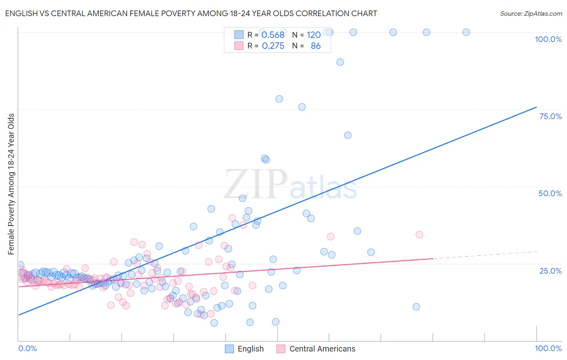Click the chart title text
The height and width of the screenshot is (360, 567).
pyautogui.click(x=191, y=13)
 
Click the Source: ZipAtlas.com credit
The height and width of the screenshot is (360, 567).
pyautogui.click(x=531, y=13)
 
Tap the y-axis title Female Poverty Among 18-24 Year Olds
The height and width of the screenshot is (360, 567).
pyautogui.click(x=11, y=184)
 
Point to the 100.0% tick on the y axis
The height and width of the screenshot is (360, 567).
pyautogui.click(x=548, y=39)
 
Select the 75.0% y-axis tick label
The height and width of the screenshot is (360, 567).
pyautogui.click(x=550, y=116)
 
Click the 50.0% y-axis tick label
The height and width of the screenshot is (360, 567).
pyautogui.click(x=550, y=193)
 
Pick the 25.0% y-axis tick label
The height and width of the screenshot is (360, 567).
pyautogui.click(x=550, y=270)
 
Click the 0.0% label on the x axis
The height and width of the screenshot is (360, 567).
pyautogui.click(x=27, y=348)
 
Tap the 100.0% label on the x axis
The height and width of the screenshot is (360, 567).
pyautogui.click(x=548, y=348)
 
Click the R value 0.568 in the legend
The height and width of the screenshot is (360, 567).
pyautogui.click(x=273, y=35)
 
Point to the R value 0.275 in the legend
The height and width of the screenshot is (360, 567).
pyautogui.click(x=273, y=46)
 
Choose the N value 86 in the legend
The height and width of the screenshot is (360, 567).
pyautogui.click(x=316, y=46)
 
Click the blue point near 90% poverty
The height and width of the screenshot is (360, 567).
pyautogui.click(x=340, y=62)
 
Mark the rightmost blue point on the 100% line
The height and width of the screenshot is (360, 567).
pyautogui.click(x=466, y=32)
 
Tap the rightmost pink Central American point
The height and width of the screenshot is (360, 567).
pyautogui.click(x=419, y=234)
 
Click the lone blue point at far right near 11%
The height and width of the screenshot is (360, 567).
pyautogui.click(x=417, y=307)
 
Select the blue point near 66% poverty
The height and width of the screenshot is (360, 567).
pyautogui.click(x=348, y=135)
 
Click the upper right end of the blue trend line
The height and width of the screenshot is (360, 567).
pyautogui.click(x=536, y=107)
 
